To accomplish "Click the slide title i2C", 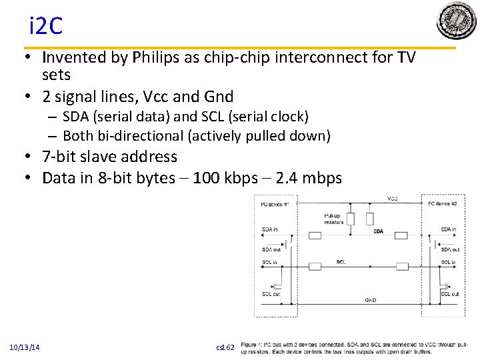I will pos(45,26).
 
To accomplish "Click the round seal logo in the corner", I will pos(457,21).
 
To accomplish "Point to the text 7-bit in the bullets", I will pos(59,157).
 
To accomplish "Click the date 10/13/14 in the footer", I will pos(25,347).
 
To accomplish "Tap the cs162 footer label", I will pos(226,347).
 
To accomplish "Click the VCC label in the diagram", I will pos(392,199).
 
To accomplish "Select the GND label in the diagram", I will pos(370,300).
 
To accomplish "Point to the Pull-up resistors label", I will pos(333,219).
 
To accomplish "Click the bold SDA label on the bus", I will pos(378,231).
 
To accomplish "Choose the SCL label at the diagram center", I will pos(341,262).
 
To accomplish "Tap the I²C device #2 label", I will pos(442,203).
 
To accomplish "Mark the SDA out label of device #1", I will pos(271,249).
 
